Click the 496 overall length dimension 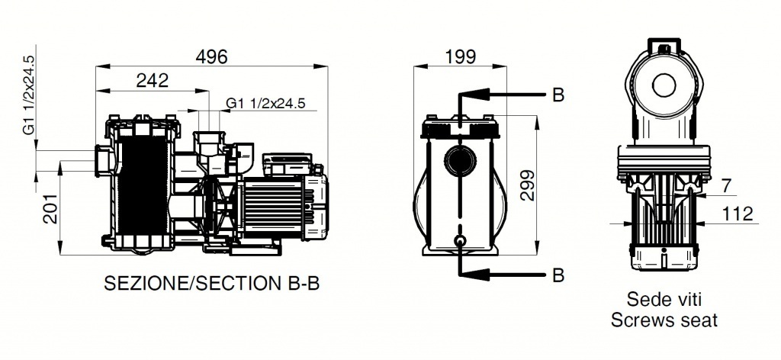(211, 56)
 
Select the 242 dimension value (153, 81)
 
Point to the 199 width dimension (460, 56)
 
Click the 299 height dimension (528, 185)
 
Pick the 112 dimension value (738, 214)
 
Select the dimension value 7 (727, 185)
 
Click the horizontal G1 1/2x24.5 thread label (265, 103)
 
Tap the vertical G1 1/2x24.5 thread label (30, 95)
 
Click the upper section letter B (558, 95)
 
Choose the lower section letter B (558, 275)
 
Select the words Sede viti (664, 300)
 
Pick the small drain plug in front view (459, 242)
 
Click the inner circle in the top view (664, 85)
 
